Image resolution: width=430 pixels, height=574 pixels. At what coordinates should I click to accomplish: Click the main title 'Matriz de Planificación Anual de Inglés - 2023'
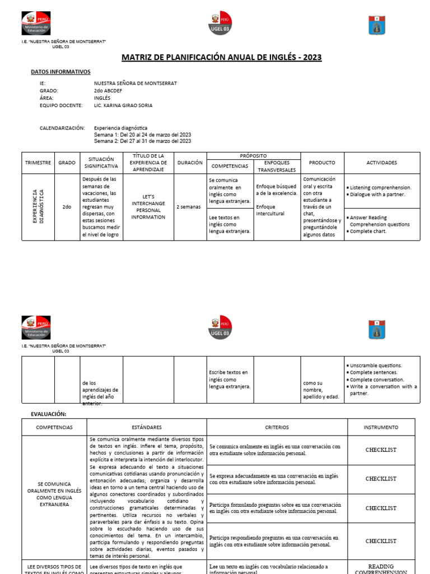[x=222, y=58]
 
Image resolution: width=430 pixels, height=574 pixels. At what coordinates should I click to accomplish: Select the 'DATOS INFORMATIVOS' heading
[x=60, y=72]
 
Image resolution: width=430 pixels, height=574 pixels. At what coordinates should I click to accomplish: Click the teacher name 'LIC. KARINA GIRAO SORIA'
[x=123, y=105]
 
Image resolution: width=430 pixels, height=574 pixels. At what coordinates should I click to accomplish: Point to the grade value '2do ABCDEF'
[x=109, y=90]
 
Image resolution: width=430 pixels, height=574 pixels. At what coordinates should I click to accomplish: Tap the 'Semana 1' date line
[x=142, y=135]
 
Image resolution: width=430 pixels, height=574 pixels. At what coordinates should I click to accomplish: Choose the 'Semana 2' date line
[x=142, y=141]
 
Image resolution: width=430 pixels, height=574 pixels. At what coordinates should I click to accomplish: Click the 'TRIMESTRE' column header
[x=38, y=163]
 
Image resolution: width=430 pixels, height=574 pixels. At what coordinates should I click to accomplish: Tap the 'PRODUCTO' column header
[x=322, y=163]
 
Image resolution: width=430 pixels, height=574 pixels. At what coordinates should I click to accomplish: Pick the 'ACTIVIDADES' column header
[x=382, y=163]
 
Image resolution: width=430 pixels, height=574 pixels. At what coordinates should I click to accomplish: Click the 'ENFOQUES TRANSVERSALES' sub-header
[x=277, y=166]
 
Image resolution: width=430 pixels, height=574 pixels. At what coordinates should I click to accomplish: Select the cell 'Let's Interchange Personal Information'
[x=148, y=207]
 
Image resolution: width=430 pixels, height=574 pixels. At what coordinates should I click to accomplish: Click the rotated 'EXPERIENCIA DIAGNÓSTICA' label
[x=38, y=207]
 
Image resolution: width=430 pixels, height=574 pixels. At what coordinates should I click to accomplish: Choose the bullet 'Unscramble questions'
[x=376, y=365]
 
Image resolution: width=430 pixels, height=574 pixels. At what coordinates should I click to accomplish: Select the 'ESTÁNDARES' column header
[x=147, y=427]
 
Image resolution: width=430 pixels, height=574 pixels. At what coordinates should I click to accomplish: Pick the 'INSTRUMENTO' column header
[x=381, y=427]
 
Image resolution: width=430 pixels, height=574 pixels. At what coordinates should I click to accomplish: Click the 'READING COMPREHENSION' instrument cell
[x=381, y=569]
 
